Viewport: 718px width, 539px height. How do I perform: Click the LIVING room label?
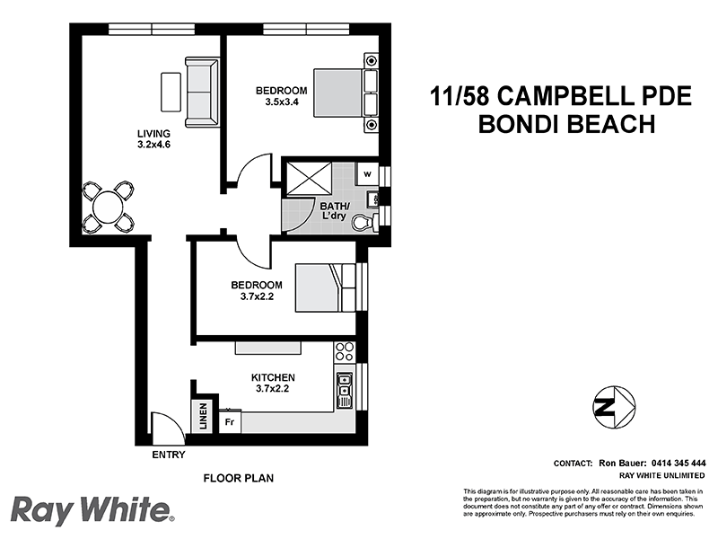pyautogui.click(x=153, y=134)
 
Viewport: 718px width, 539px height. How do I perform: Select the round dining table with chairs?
pyautogui.click(x=107, y=208)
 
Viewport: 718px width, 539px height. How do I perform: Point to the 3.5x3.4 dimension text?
pyautogui.click(x=281, y=102)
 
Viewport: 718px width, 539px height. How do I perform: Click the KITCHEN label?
pyautogui.click(x=275, y=377)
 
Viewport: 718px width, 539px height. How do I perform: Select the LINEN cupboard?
pyautogui.click(x=204, y=416)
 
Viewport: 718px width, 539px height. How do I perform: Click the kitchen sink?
pyautogui.click(x=344, y=387)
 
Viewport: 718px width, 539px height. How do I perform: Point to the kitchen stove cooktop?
pyautogui.click(x=344, y=353)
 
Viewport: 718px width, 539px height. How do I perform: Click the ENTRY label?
pyautogui.click(x=168, y=455)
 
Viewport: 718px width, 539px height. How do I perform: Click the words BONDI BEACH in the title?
pyautogui.click(x=565, y=124)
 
